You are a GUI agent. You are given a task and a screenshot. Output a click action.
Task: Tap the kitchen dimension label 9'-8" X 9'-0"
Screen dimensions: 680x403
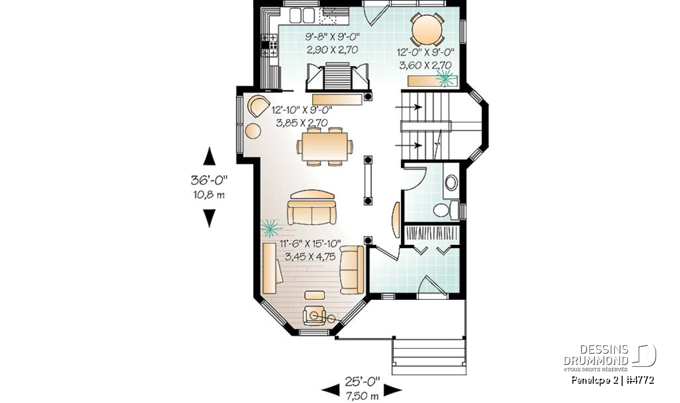pos(333,37)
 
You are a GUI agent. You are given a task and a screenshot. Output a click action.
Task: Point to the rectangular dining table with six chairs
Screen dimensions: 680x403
pos(325,147)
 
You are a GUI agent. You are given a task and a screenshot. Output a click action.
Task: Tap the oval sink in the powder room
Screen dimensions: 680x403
pos(452,183)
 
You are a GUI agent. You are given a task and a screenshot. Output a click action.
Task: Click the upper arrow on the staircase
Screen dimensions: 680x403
pos(409,107)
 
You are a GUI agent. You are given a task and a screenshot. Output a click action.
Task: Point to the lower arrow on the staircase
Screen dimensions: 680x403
pos(409,146)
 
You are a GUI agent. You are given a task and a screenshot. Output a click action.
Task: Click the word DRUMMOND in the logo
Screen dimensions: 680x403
pos(596,360)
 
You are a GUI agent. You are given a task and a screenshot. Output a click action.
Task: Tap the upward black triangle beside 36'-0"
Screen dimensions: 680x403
pos(209,156)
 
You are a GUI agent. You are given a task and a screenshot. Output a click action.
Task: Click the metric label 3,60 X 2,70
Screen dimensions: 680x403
pos(425,65)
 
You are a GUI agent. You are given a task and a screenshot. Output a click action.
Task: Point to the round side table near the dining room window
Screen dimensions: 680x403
pos(253,131)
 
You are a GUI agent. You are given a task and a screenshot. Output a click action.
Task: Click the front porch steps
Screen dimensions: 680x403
pos(429,357)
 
